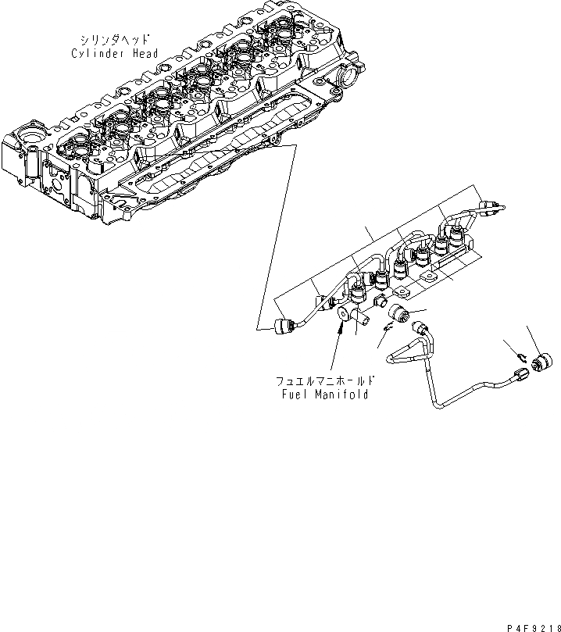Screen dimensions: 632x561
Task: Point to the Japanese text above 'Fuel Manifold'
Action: pyautogui.click(x=323, y=381)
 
